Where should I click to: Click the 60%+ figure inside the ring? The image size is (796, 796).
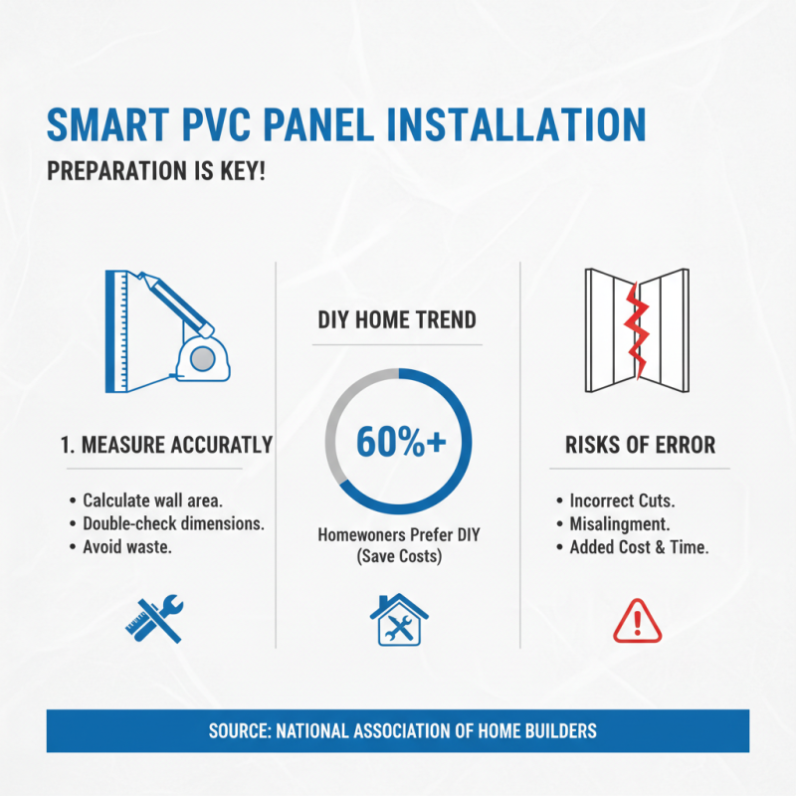[x=397, y=444]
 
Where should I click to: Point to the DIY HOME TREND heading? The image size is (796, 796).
[x=397, y=320]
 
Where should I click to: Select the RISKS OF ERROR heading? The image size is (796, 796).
[x=640, y=445]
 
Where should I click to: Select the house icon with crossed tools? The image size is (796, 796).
[x=396, y=619]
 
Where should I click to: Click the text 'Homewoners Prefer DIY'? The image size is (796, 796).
[x=397, y=534]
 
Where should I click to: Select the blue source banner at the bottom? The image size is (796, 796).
[x=397, y=730]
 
